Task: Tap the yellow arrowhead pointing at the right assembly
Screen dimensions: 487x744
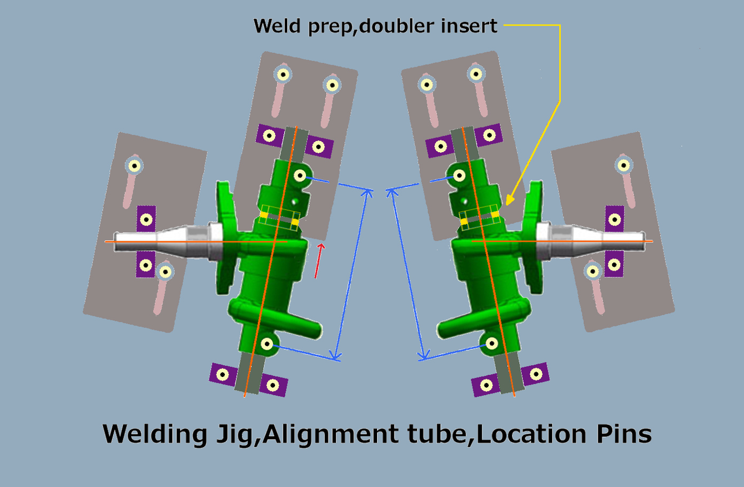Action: (510, 199)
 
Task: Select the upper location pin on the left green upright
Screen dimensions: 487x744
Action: (300, 175)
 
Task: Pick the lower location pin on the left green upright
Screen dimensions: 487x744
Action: (267, 343)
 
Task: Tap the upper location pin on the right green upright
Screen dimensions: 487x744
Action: (459, 175)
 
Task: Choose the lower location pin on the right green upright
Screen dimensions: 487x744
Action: (492, 343)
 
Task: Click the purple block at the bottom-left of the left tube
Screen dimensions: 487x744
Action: (223, 374)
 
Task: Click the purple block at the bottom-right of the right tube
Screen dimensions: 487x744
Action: (535, 374)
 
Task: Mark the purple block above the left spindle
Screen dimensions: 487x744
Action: (146, 219)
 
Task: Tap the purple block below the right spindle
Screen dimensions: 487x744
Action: (614, 264)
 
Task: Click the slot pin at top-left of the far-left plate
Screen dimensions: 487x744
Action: (134, 166)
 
